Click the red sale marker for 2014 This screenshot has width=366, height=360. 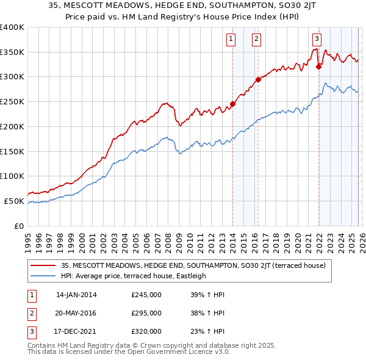232,104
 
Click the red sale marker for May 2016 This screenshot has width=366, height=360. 258,79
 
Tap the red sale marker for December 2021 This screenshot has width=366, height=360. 318,67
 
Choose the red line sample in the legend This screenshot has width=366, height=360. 43,265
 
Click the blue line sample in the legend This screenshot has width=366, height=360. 43,276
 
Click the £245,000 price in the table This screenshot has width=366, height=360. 146,295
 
